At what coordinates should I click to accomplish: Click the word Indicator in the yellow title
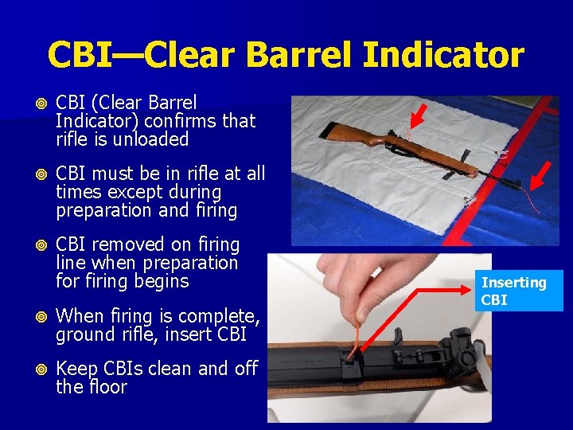tap(443, 55)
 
